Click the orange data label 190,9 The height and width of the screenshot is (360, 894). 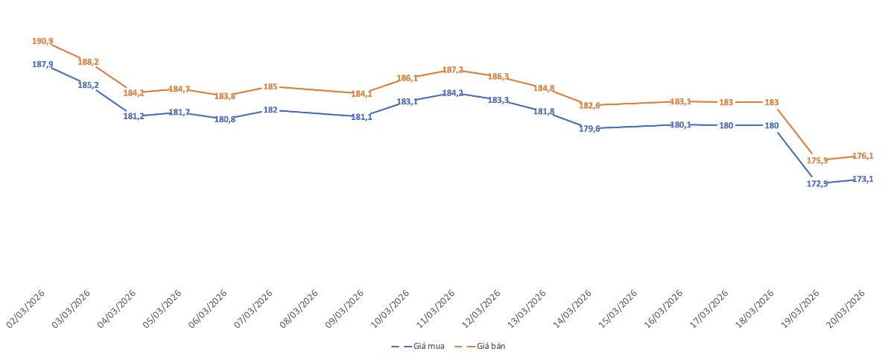42,42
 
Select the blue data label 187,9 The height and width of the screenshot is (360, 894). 42,65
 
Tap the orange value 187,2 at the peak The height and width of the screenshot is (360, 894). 453,70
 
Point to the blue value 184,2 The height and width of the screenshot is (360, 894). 453,93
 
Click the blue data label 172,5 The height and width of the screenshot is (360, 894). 817,183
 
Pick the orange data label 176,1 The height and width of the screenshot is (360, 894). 863,157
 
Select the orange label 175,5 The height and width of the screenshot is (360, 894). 817,160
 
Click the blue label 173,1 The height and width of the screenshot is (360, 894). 863,180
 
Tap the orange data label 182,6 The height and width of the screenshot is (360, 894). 589,106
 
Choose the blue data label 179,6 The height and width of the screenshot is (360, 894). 589,129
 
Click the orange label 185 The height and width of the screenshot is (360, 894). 270,87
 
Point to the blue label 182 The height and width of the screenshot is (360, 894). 270,110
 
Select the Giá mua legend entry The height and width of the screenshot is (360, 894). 419,347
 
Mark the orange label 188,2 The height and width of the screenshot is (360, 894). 89,63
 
